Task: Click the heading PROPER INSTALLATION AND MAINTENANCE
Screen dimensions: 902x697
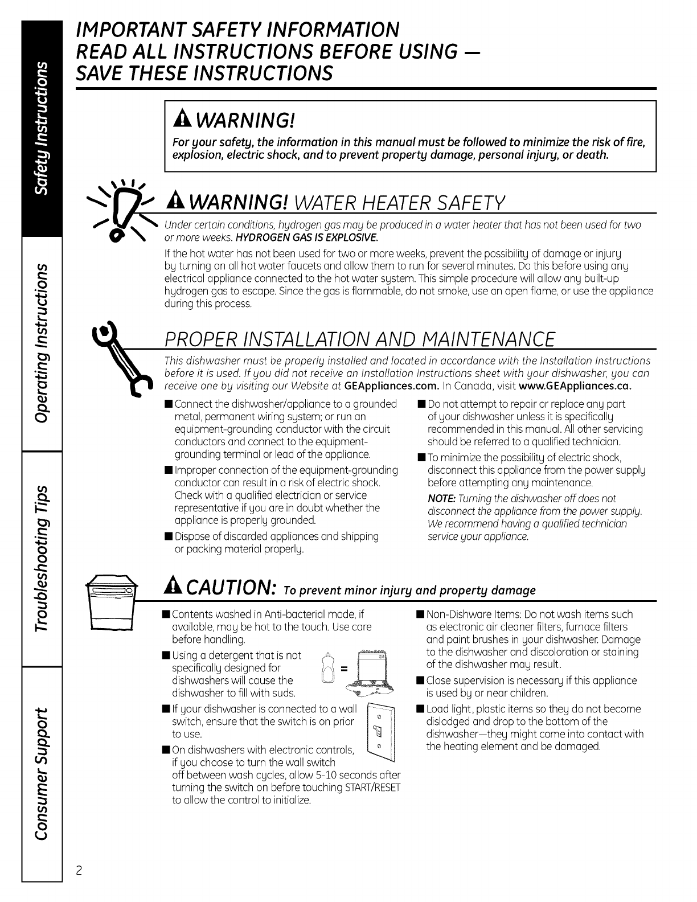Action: [x=359, y=339]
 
